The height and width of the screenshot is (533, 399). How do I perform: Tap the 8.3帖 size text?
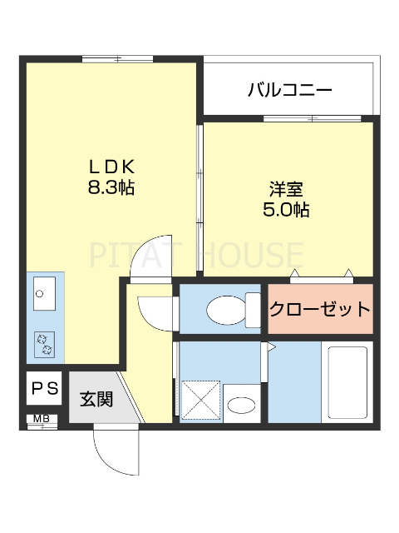point(111,187)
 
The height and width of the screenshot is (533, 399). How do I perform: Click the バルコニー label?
point(290,89)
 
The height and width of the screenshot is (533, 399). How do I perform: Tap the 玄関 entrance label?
point(96,399)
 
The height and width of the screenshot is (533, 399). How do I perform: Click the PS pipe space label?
point(45,387)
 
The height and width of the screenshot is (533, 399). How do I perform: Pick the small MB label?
point(40,419)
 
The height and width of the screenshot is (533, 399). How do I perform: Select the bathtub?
point(348,384)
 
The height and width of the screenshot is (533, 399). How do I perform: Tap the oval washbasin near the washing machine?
point(242,406)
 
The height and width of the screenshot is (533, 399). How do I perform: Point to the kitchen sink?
point(42,292)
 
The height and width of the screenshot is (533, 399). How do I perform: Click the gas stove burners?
point(42,341)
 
